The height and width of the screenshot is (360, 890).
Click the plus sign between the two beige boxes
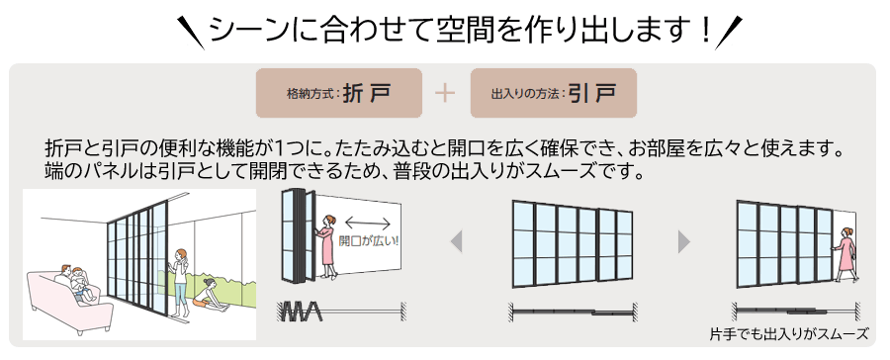[445, 93]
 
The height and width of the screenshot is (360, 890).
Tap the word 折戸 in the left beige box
[367, 94]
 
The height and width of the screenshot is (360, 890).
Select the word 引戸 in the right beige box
[592, 94]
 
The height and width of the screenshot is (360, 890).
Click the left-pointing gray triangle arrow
[456, 242]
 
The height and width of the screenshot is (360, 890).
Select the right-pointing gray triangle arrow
[684, 242]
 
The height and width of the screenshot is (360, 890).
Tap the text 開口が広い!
[368, 240]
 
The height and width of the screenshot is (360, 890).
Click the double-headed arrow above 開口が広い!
[367, 224]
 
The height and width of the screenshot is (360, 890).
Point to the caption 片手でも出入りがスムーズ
[789, 334]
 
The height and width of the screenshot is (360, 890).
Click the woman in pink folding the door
[326, 245]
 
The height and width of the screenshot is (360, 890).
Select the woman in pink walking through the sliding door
[845, 254]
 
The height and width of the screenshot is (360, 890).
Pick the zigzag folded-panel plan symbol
[300, 312]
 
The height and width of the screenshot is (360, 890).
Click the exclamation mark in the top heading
[705, 30]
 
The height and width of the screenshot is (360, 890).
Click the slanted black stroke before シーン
[191, 33]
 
